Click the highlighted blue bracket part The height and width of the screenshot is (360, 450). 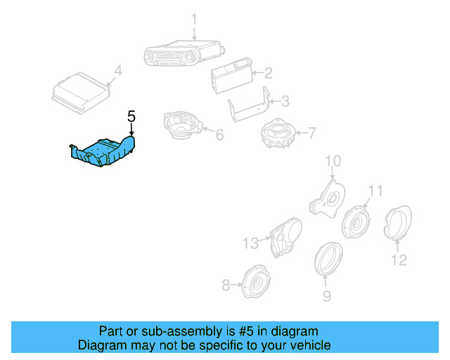tap(103, 153)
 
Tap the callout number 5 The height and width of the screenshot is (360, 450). tap(131, 116)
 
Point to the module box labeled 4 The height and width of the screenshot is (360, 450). tap(80, 93)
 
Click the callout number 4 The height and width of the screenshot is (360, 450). tap(117, 70)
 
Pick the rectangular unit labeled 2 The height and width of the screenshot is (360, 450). tap(229, 73)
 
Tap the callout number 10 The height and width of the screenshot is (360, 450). tap(331, 163)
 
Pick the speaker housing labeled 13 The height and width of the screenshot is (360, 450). tap(285, 236)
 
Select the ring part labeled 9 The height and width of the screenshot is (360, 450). tap(327, 259)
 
